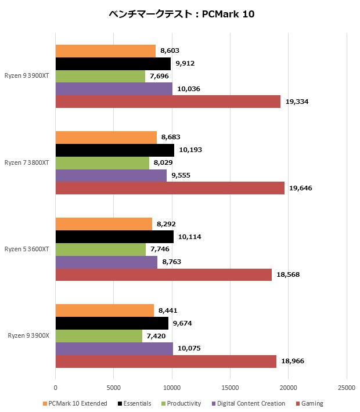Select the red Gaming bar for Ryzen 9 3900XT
(168, 102)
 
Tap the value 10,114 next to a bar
(190, 237)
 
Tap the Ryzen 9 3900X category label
(28, 335)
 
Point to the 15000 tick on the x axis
(231, 388)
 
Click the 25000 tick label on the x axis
(347, 388)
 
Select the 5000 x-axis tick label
(114, 388)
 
